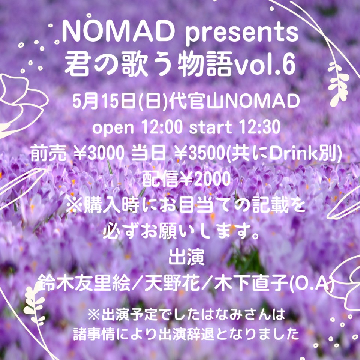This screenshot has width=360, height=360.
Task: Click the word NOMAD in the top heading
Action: coord(118,32)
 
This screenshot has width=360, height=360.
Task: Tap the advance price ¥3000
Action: coord(99,153)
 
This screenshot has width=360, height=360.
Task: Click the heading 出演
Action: coord(186,257)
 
